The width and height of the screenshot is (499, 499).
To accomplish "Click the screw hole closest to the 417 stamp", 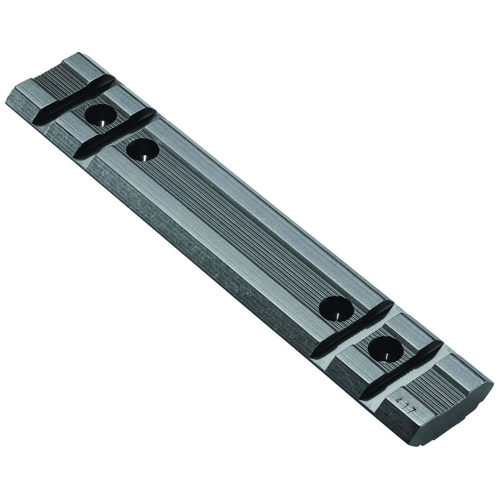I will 386,348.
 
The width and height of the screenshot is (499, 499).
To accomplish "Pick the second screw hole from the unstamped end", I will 142,150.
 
